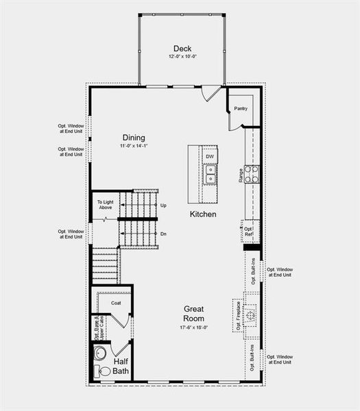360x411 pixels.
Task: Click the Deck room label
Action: click(x=182, y=49)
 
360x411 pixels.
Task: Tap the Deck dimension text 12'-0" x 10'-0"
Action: click(x=182, y=57)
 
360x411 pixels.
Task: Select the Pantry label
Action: click(x=240, y=108)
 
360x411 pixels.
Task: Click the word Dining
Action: click(x=134, y=138)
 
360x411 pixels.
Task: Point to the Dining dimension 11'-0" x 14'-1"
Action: click(x=134, y=146)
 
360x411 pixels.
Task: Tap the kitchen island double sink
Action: click(x=211, y=175)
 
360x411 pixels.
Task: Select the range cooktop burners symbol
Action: click(x=252, y=174)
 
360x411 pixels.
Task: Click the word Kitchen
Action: click(x=204, y=214)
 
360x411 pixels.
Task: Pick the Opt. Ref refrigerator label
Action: click(x=249, y=232)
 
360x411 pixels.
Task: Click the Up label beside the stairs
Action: click(x=163, y=206)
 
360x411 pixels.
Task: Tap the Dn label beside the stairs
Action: click(x=163, y=234)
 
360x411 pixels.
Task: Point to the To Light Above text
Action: click(x=105, y=205)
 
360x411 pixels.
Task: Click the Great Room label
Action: click(x=194, y=314)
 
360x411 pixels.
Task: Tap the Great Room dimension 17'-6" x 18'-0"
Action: click(x=194, y=327)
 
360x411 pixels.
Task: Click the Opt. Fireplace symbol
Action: click(x=250, y=316)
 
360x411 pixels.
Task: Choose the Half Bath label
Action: click(x=121, y=366)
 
